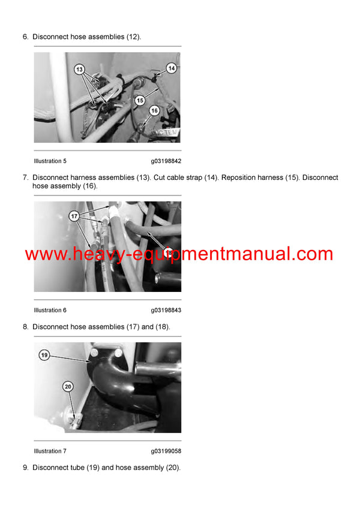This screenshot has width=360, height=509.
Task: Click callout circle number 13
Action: click(80, 70)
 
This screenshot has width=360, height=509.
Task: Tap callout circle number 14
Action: click(171, 68)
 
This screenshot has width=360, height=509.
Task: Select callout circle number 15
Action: click(140, 100)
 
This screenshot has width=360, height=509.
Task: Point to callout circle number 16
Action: click(154, 111)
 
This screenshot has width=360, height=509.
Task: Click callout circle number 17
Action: click(74, 216)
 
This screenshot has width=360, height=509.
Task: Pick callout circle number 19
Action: click(44, 356)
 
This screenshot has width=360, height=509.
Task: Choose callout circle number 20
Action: click(68, 387)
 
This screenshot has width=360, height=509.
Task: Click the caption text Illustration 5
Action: click(50, 161)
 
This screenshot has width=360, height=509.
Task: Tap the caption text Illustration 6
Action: click(50, 311)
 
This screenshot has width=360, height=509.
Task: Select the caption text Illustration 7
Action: click(50, 451)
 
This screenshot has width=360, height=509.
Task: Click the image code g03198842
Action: click(166, 161)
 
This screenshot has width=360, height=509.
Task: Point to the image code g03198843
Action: click(166, 311)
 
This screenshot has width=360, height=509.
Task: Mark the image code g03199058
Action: click(166, 451)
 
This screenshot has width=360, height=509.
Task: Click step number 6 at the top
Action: click(25, 37)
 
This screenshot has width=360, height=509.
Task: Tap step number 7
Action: click(25, 178)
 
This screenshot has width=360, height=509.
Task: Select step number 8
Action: click(25, 327)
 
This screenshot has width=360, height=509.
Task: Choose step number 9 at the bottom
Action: click(25, 468)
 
